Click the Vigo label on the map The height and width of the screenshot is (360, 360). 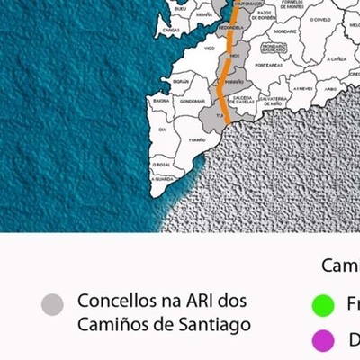click(x=210, y=48)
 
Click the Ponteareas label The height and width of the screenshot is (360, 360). click(x=267, y=65)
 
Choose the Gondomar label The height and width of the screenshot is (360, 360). click(x=193, y=101)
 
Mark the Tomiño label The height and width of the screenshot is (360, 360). click(x=196, y=139)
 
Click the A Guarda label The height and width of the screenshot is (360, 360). click(x=163, y=179)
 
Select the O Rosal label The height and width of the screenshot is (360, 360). click(x=163, y=165)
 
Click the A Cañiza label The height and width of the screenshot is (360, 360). click(x=337, y=58)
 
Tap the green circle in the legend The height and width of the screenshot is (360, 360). click(x=323, y=305)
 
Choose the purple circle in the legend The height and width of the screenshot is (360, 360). click(x=323, y=341)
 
